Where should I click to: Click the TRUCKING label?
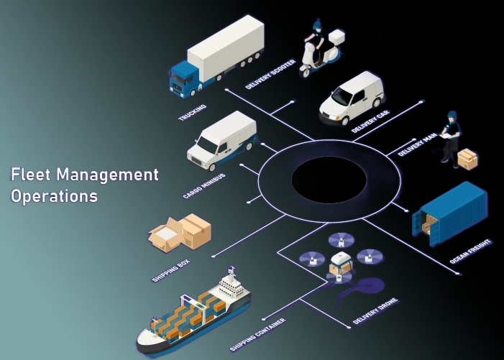(193, 113)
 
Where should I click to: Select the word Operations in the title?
(54, 195)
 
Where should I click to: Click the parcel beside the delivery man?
(468, 158)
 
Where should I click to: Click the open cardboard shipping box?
(180, 231)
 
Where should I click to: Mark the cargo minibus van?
(221, 140)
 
